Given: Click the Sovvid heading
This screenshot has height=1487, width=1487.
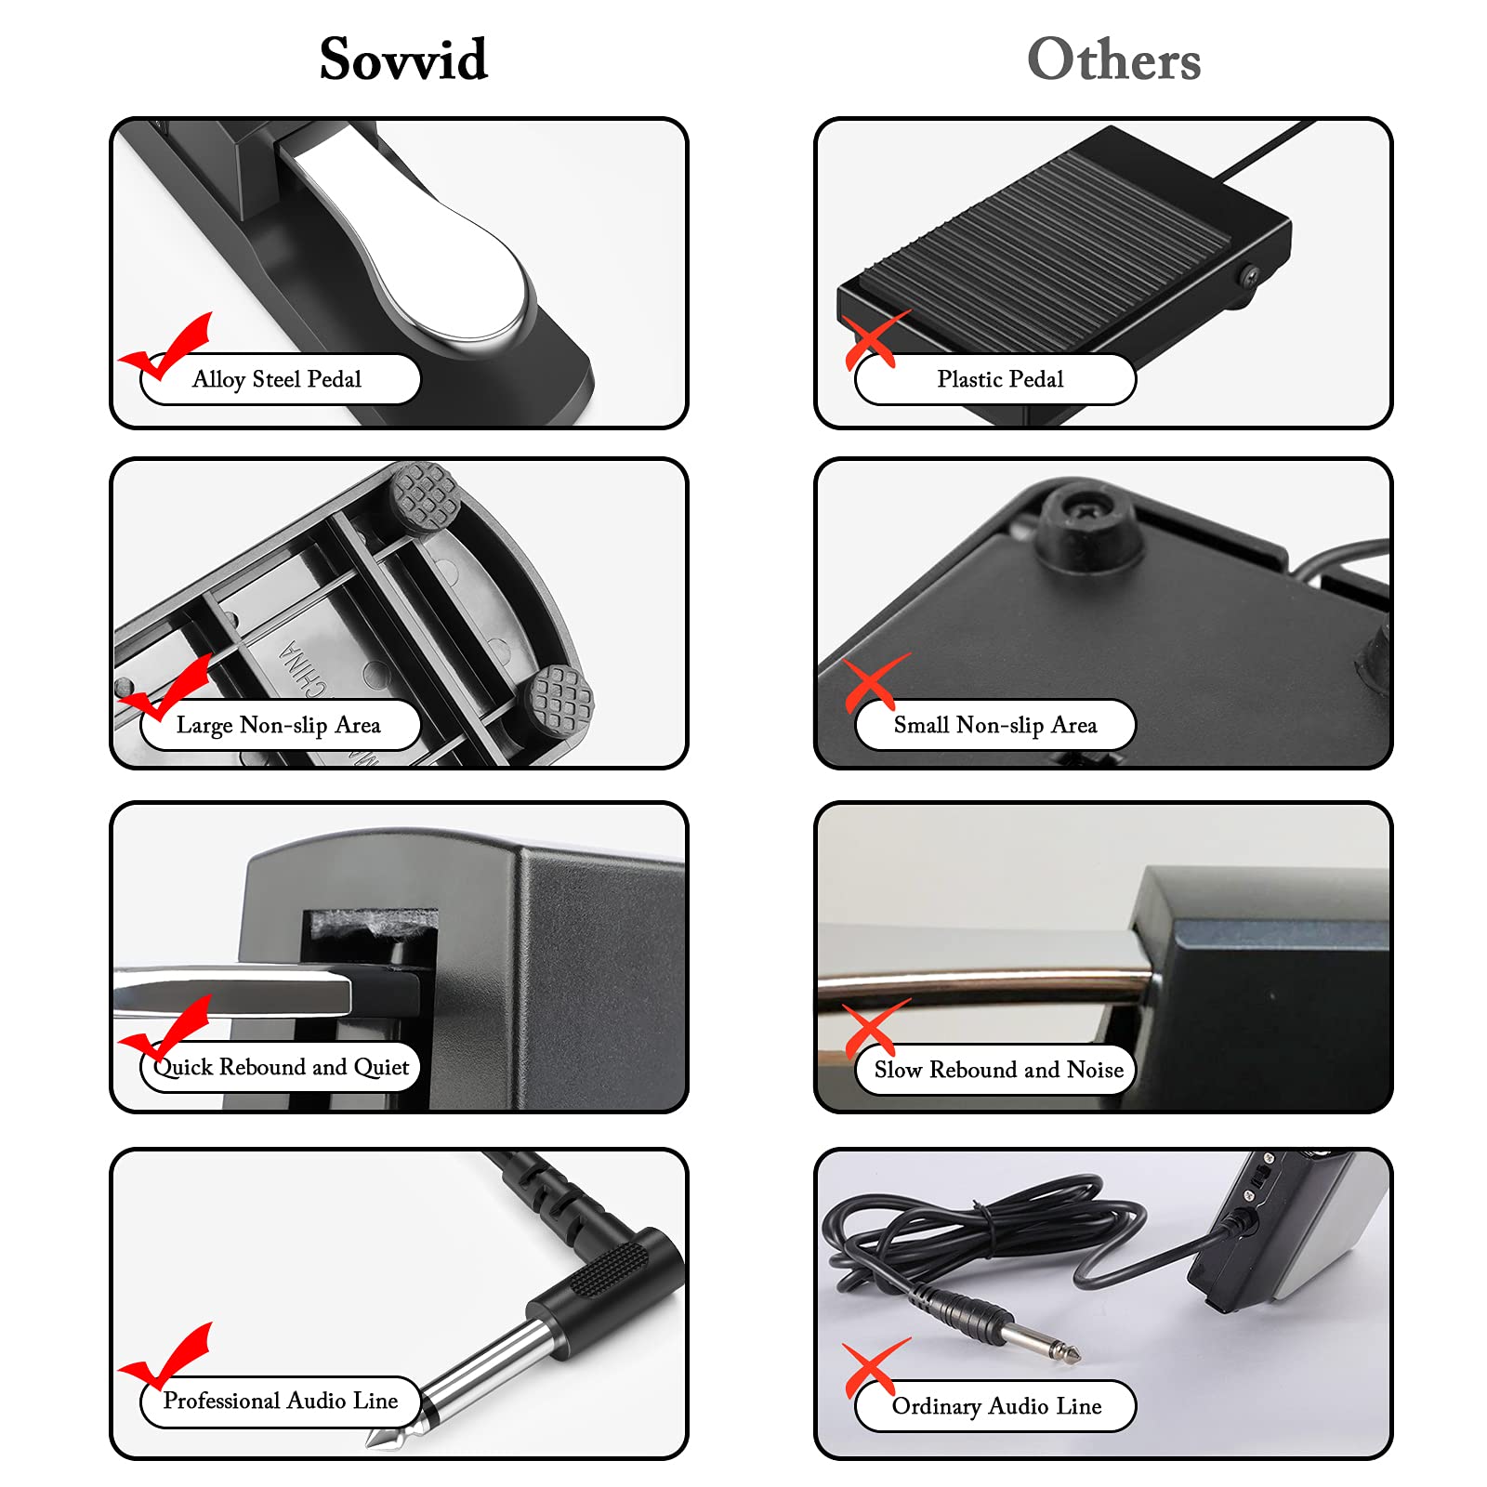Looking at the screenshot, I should pyautogui.click(x=403, y=59).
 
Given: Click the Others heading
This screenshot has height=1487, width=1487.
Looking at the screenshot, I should pyautogui.click(x=1113, y=59).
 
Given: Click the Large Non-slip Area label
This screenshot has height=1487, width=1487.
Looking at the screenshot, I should pyautogui.click(x=279, y=725).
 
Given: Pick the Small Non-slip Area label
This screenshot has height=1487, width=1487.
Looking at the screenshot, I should pyautogui.click(x=994, y=725).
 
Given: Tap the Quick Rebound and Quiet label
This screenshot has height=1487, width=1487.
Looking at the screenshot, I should pyautogui.click(x=281, y=1067).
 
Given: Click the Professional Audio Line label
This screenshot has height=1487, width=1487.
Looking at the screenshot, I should pyautogui.click(x=281, y=1401).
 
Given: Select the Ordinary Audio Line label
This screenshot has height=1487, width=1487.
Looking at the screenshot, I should pyautogui.click(x=996, y=1406).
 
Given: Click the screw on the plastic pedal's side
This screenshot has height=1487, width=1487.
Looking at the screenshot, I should pyautogui.click(x=1252, y=276).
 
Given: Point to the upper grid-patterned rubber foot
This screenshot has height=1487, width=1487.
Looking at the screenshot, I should pyautogui.click(x=425, y=497).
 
